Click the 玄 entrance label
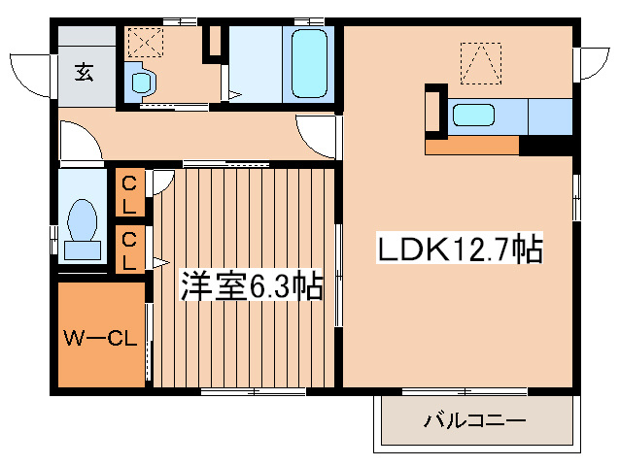click(85, 70)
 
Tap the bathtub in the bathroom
click(308, 63)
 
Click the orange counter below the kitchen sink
click(473, 146)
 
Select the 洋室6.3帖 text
click(251, 286)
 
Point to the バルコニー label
click(474, 421)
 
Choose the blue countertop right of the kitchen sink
click(549, 116)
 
